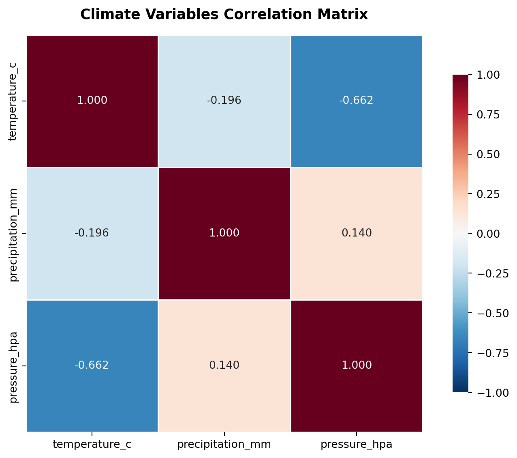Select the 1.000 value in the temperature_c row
pos(92,101)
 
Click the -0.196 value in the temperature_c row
pos(224,101)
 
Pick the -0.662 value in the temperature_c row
pos(356,101)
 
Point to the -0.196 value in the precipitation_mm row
pos(92,233)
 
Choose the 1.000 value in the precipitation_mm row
pos(224,233)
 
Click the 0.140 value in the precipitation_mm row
pos(357,233)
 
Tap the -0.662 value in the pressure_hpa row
pos(92,365)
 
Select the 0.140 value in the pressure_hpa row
pos(224,365)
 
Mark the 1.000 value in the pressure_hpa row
pos(357,365)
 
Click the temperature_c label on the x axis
pos(92,445)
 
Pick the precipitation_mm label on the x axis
pos(224,445)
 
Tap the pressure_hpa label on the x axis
pos(357,445)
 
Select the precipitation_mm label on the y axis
pos(14,234)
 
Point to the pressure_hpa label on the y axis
pos(14,367)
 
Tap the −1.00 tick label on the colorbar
pos(490,393)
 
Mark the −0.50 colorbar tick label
pos(490,313)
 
